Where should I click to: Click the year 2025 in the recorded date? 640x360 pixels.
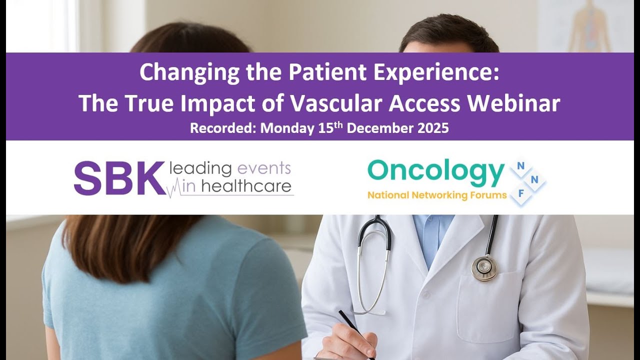pyautogui.click(x=432, y=128)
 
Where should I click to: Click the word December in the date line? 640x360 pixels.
pyautogui.click(x=380, y=128)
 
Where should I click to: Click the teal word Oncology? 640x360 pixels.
pyautogui.click(x=435, y=172)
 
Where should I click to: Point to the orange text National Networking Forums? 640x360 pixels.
pyautogui.click(x=437, y=195)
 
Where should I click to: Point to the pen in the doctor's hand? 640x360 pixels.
pyautogui.click(x=355, y=333)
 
